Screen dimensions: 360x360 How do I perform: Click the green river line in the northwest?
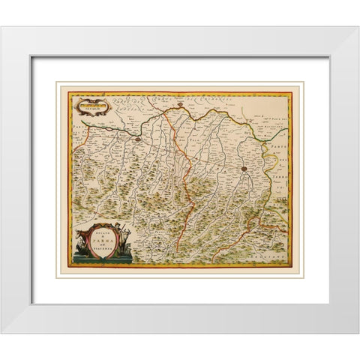[105, 132]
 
